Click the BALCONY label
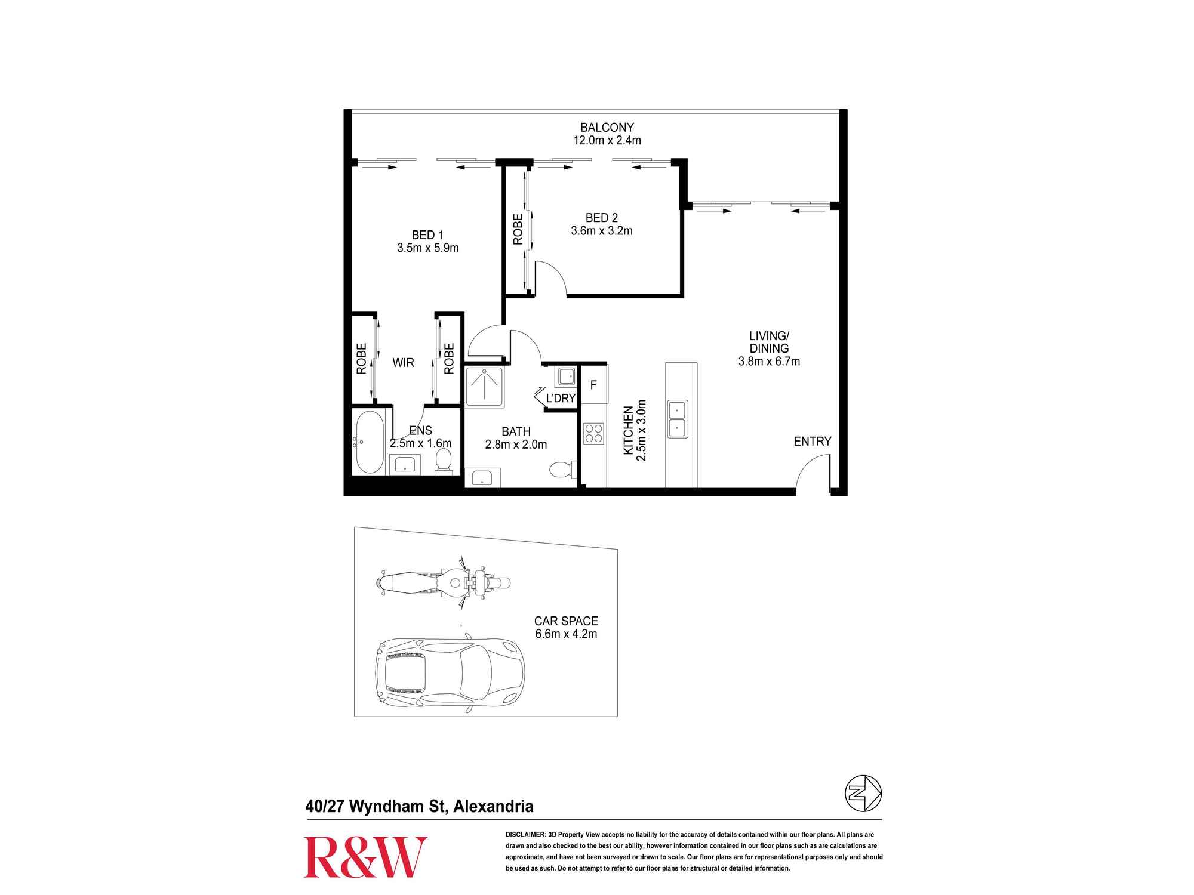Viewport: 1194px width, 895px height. click(x=607, y=127)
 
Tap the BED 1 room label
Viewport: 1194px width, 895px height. click(x=427, y=235)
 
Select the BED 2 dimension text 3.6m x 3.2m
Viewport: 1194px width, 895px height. click(x=602, y=231)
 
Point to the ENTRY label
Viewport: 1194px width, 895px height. click(x=812, y=442)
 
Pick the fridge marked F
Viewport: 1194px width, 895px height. click(x=593, y=385)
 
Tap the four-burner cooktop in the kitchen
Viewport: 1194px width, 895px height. click(x=594, y=433)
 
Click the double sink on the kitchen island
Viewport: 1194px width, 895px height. click(x=677, y=419)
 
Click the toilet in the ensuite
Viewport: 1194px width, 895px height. click(x=444, y=461)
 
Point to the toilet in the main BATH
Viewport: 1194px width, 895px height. click(x=562, y=468)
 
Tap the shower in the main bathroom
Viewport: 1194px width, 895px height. click(x=484, y=387)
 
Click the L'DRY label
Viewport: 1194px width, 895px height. click(x=561, y=398)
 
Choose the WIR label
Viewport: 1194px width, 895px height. click(x=404, y=363)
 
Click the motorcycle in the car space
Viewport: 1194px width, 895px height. click(x=444, y=583)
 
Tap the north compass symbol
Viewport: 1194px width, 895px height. click(x=863, y=793)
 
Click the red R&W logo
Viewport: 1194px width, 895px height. click(x=365, y=857)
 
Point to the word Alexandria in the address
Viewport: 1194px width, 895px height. click(x=493, y=807)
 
